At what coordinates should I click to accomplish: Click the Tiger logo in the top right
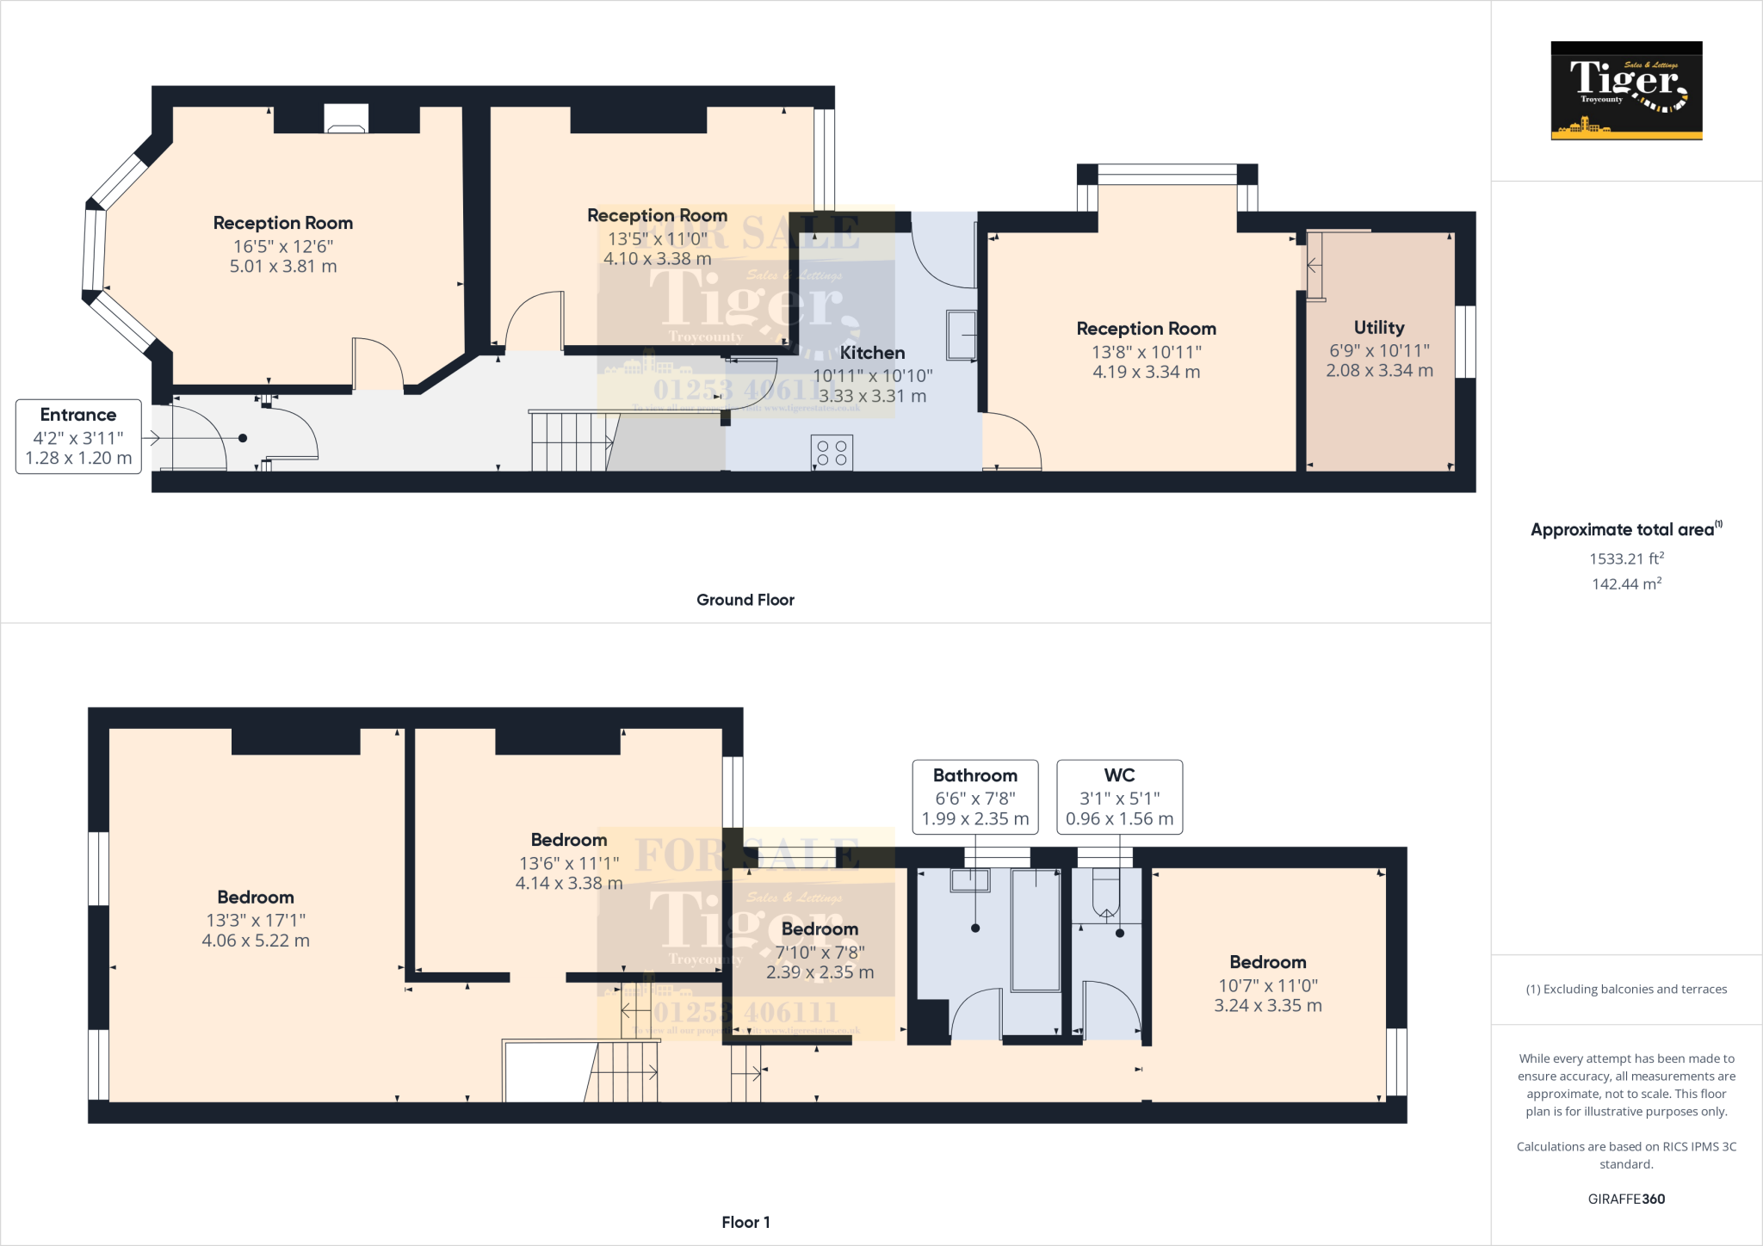point(1626,90)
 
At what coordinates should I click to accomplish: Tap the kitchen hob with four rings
point(832,453)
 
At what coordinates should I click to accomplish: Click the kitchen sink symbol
point(962,335)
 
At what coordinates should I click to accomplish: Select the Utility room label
point(1378,328)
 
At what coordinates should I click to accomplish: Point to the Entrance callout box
point(78,436)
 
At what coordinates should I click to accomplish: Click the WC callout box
point(1119,797)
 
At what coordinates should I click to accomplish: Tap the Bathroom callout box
point(974,797)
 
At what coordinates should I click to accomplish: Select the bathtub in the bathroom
point(1036,930)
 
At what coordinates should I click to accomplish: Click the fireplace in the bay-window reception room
point(346,119)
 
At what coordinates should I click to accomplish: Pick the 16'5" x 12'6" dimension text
point(283,246)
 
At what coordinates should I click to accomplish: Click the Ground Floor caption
point(745,600)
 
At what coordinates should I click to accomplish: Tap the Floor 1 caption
point(745,1222)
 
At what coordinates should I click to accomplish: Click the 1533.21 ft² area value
point(1625,558)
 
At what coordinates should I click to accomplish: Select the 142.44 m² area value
point(1625,583)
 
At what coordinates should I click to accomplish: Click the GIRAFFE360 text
point(1625,1199)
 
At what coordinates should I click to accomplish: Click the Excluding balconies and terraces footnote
point(1625,990)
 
